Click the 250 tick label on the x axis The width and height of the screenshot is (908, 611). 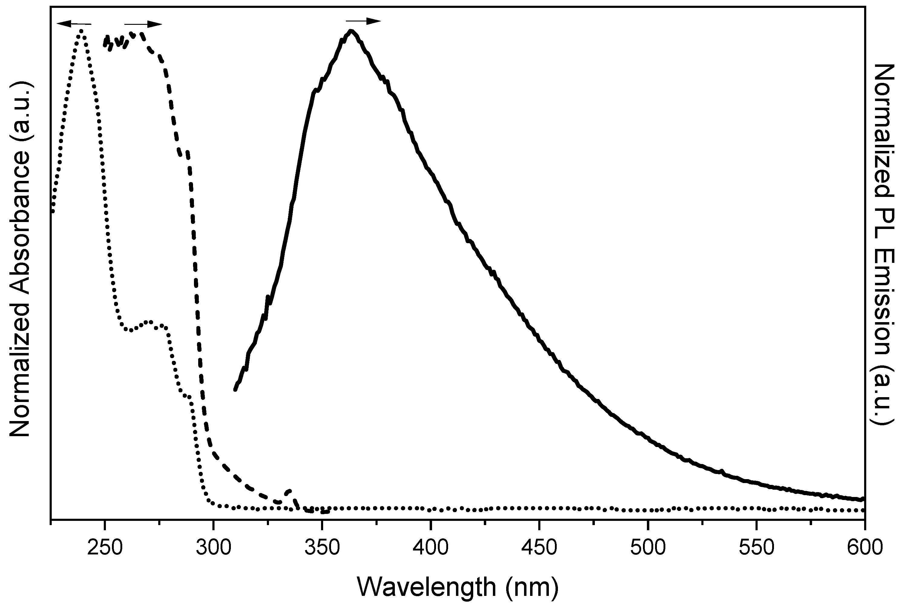pyautogui.click(x=104, y=548)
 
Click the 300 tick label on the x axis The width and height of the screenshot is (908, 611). pyautogui.click(x=213, y=548)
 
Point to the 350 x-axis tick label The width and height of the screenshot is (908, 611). pyautogui.click(x=322, y=548)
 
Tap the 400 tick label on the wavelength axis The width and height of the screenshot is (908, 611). pyautogui.click(x=431, y=548)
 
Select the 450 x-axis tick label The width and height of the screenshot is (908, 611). pyautogui.click(x=539, y=548)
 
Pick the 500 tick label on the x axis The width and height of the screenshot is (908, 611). pyautogui.click(x=648, y=548)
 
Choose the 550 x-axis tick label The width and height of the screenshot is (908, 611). pyautogui.click(x=756, y=548)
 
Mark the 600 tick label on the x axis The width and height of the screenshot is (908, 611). pyautogui.click(x=864, y=548)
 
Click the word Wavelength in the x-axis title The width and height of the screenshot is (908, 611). pyautogui.click(x=426, y=587)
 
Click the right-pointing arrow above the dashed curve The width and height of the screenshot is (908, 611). pyautogui.click(x=143, y=24)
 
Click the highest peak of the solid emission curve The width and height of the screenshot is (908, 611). pyautogui.click(x=351, y=31)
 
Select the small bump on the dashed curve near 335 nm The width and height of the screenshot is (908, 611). pyautogui.click(x=289, y=491)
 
